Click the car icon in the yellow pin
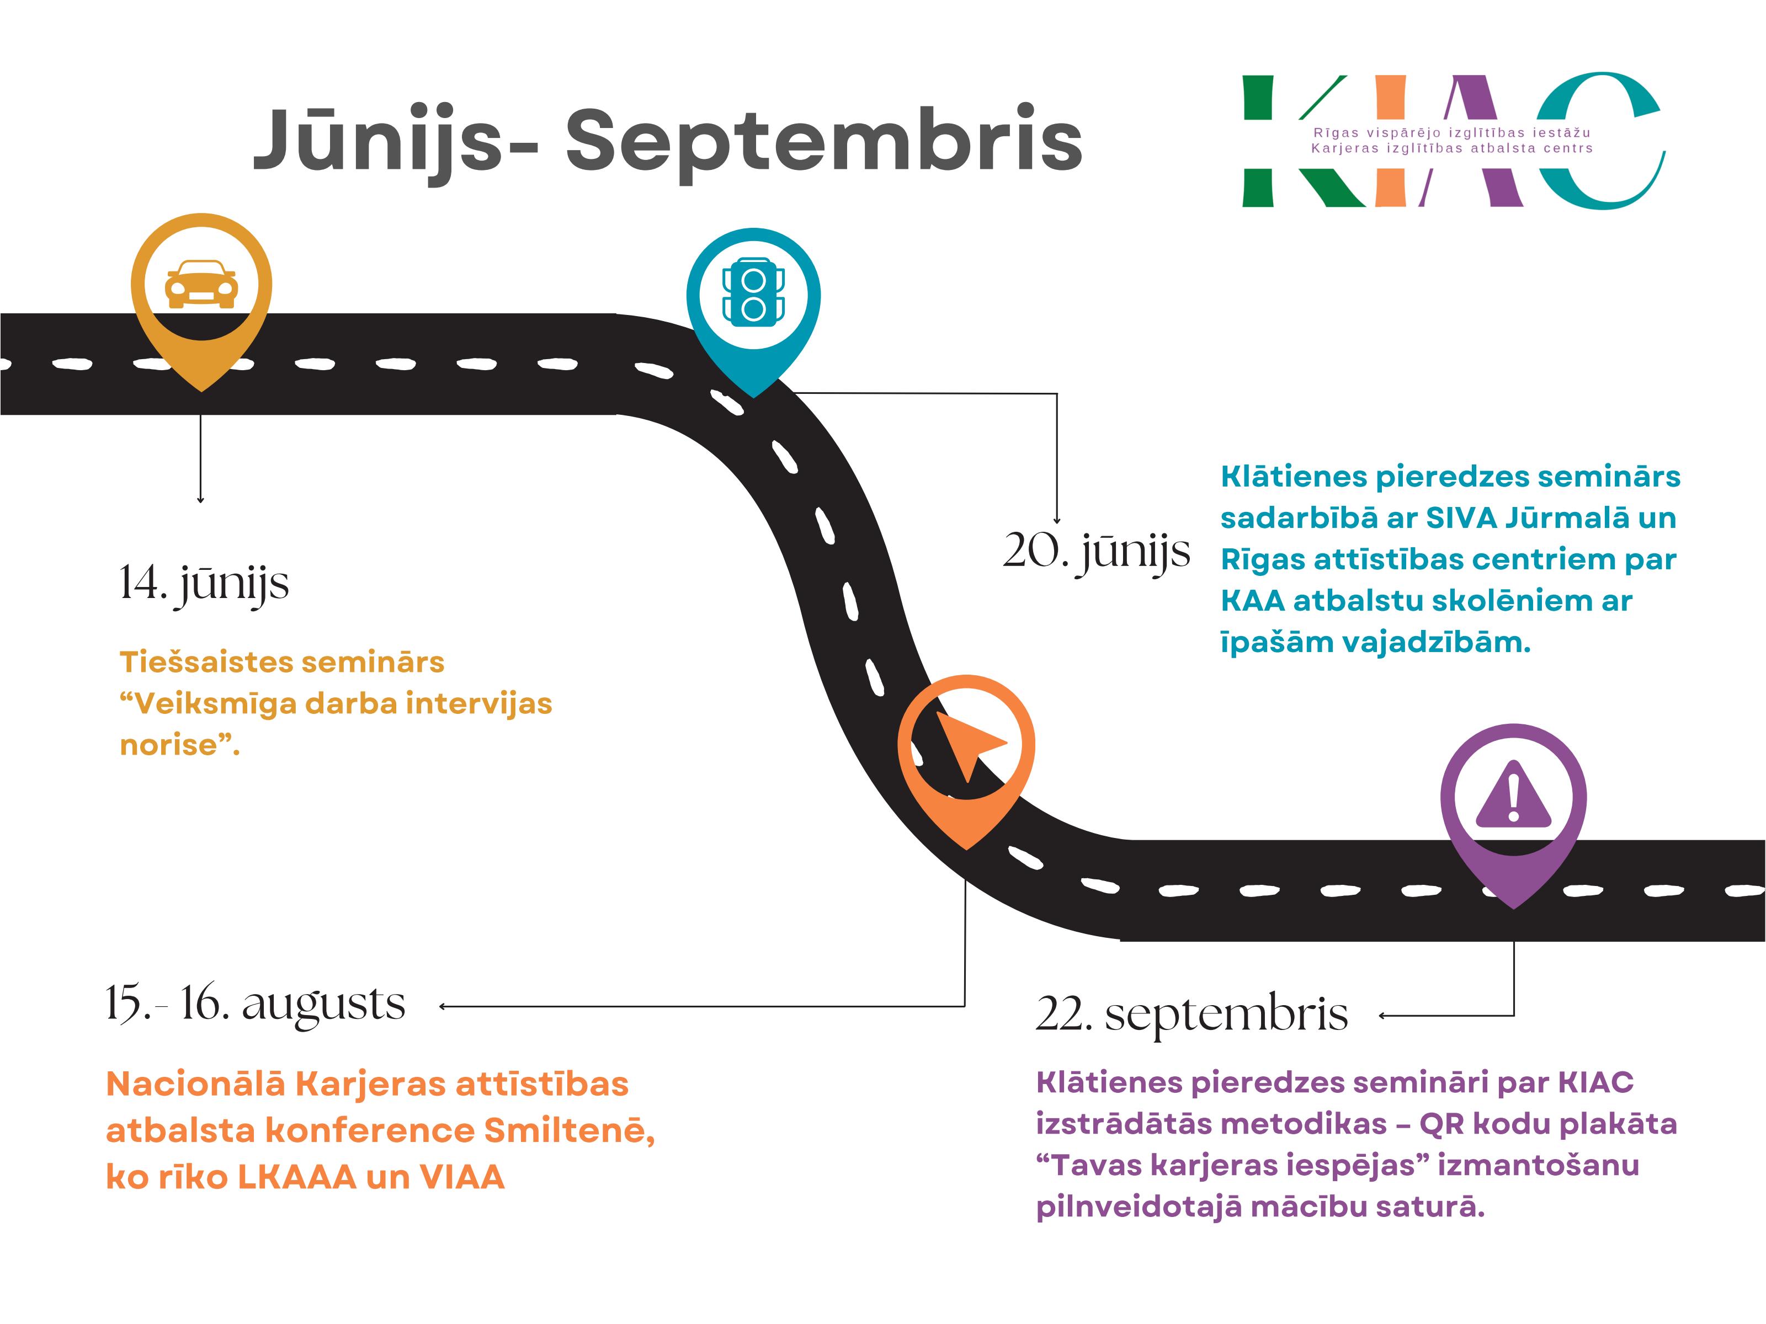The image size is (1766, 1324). click(x=201, y=284)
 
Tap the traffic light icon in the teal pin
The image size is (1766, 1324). click(x=753, y=292)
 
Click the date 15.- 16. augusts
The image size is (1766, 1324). click(x=256, y=1004)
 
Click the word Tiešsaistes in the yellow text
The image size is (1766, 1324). click(x=204, y=663)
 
